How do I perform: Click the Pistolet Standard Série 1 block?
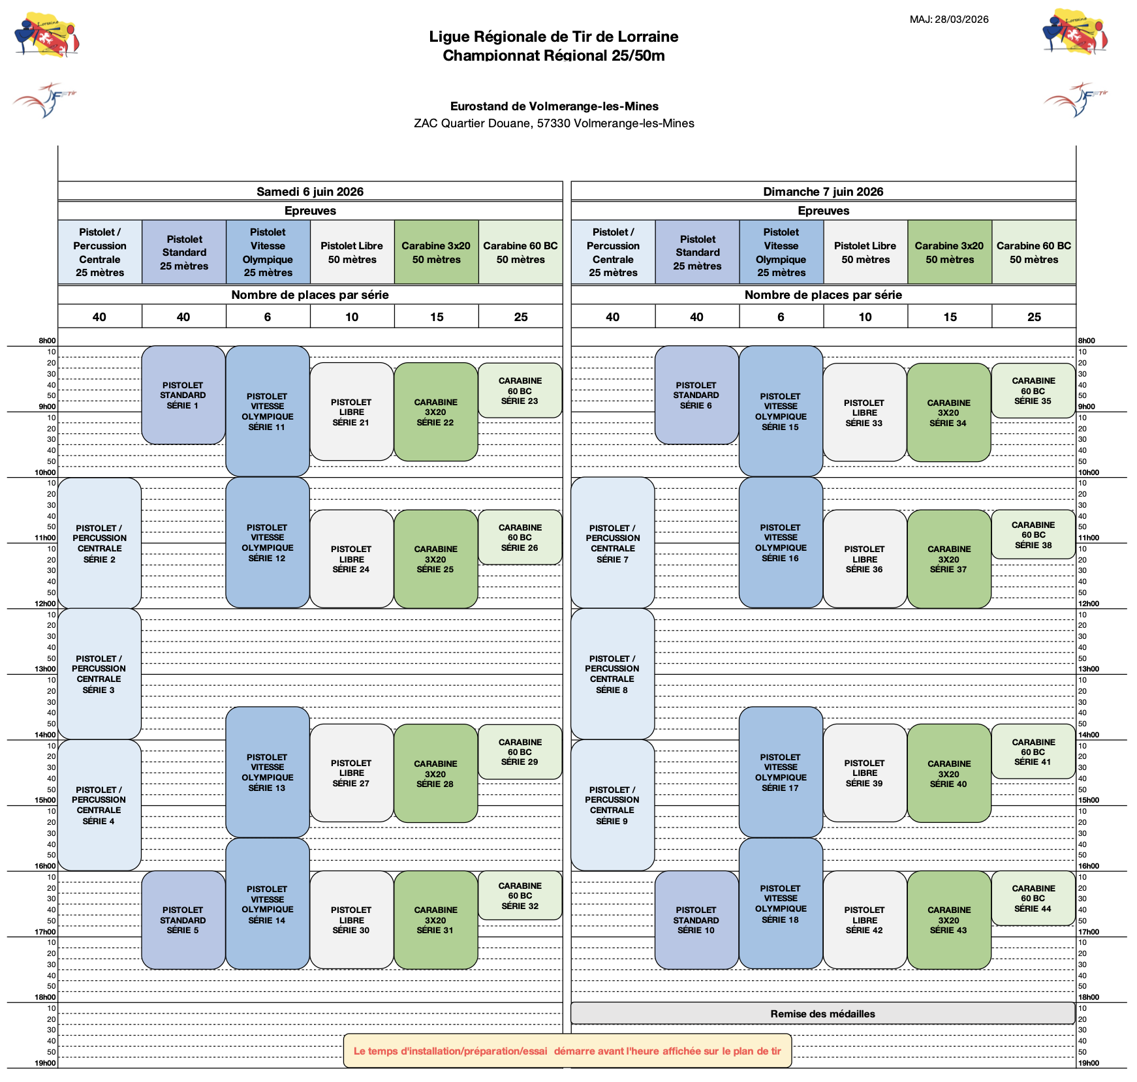tap(183, 395)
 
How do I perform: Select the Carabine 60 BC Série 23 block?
tap(520, 390)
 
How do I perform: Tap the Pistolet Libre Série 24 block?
tap(352, 559)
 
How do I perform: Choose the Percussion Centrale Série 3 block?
tap(99, 673)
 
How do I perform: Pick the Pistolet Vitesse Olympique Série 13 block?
tap(268, 772)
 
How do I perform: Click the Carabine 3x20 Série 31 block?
tap(436, 920)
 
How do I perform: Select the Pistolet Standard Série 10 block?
tap(696, 920)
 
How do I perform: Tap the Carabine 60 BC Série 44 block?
tap(1033, 898)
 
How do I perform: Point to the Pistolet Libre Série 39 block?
tap(865, 773)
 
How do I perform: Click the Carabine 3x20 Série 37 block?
tap(949, 559)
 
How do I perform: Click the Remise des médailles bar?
tap(822, 1013)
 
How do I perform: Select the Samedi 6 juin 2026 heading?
tap(310, 191)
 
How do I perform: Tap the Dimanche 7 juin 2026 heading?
tap(823, 191)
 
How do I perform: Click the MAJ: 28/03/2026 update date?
tap(949, 20)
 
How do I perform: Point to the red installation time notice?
tap(567, 1051)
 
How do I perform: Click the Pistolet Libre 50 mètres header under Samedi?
tap(352, 252)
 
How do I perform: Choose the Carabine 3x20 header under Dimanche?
tap(949, 252)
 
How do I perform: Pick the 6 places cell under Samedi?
tap(268, 317)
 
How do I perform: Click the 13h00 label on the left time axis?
tap(46, 669)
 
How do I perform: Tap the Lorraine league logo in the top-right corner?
tap(1075, 32)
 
